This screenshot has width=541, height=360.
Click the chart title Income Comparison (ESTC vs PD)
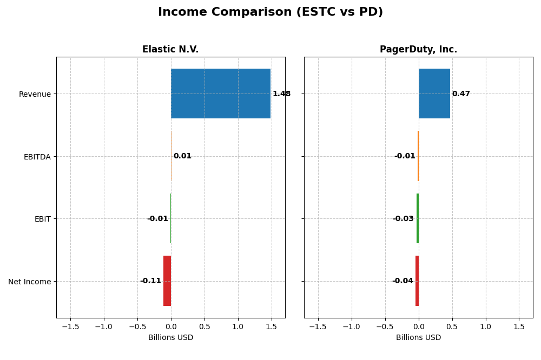pos(270,12)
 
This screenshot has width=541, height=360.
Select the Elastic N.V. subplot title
pos(170,49)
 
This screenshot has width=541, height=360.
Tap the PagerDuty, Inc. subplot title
pos(418,49)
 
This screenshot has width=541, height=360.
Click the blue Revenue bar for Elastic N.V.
pos(221,94)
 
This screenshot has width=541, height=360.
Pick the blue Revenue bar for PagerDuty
pos(434,94)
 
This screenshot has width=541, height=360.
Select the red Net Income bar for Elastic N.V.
pos(167,281)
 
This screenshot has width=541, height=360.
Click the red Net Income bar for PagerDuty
pos(417,281)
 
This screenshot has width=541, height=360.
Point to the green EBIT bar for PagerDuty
pos(418,218)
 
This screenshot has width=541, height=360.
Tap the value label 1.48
pos(281,94)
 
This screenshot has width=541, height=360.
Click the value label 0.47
pos(461,94)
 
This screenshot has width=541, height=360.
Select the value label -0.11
pos(150,281)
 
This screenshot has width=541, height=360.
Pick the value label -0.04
pos(403,281)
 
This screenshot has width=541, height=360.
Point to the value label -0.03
pos(403,218)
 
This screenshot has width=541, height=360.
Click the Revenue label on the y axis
pos(35,94)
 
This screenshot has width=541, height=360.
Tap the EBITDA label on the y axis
pos(37,157)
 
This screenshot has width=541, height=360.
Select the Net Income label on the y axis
pos(29,282)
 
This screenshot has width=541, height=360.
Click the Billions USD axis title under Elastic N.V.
pos(170,337)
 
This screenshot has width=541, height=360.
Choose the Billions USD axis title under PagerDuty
pos(418,337)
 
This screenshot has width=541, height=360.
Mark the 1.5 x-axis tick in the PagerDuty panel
pos(519,326)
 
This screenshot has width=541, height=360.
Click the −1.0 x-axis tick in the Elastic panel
pos(103,326)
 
